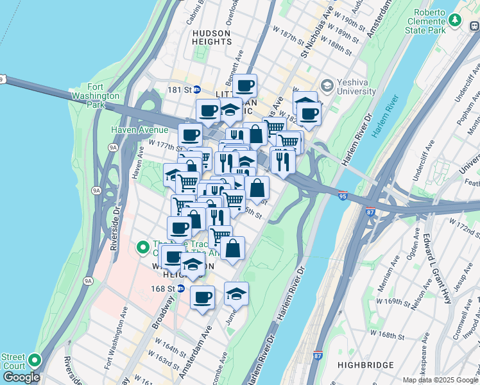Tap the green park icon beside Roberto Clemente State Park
coord(455,21)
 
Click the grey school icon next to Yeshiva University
coord(327,85)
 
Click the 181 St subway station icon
coord(198,90)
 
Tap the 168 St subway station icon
coord(181,289)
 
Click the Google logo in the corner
coord(21,377)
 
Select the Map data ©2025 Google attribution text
coord(440,380)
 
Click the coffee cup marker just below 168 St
coord(203,297)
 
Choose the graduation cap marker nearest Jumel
coord(236,294)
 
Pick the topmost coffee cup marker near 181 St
coord(244,85)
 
